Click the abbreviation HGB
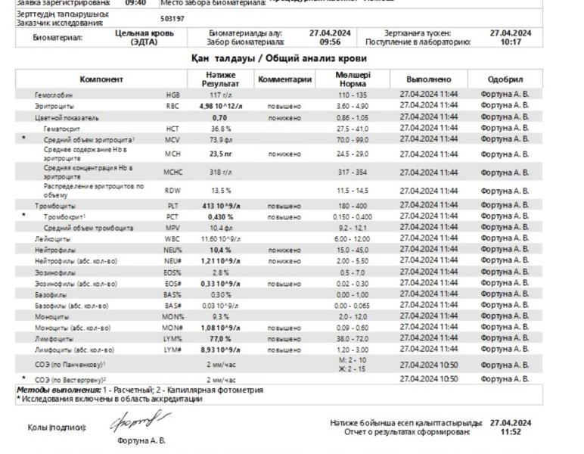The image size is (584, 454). [x=173, y=95]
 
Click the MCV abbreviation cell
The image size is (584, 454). [x=173, y=139]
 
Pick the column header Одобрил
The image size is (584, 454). [x=505, y=79]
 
